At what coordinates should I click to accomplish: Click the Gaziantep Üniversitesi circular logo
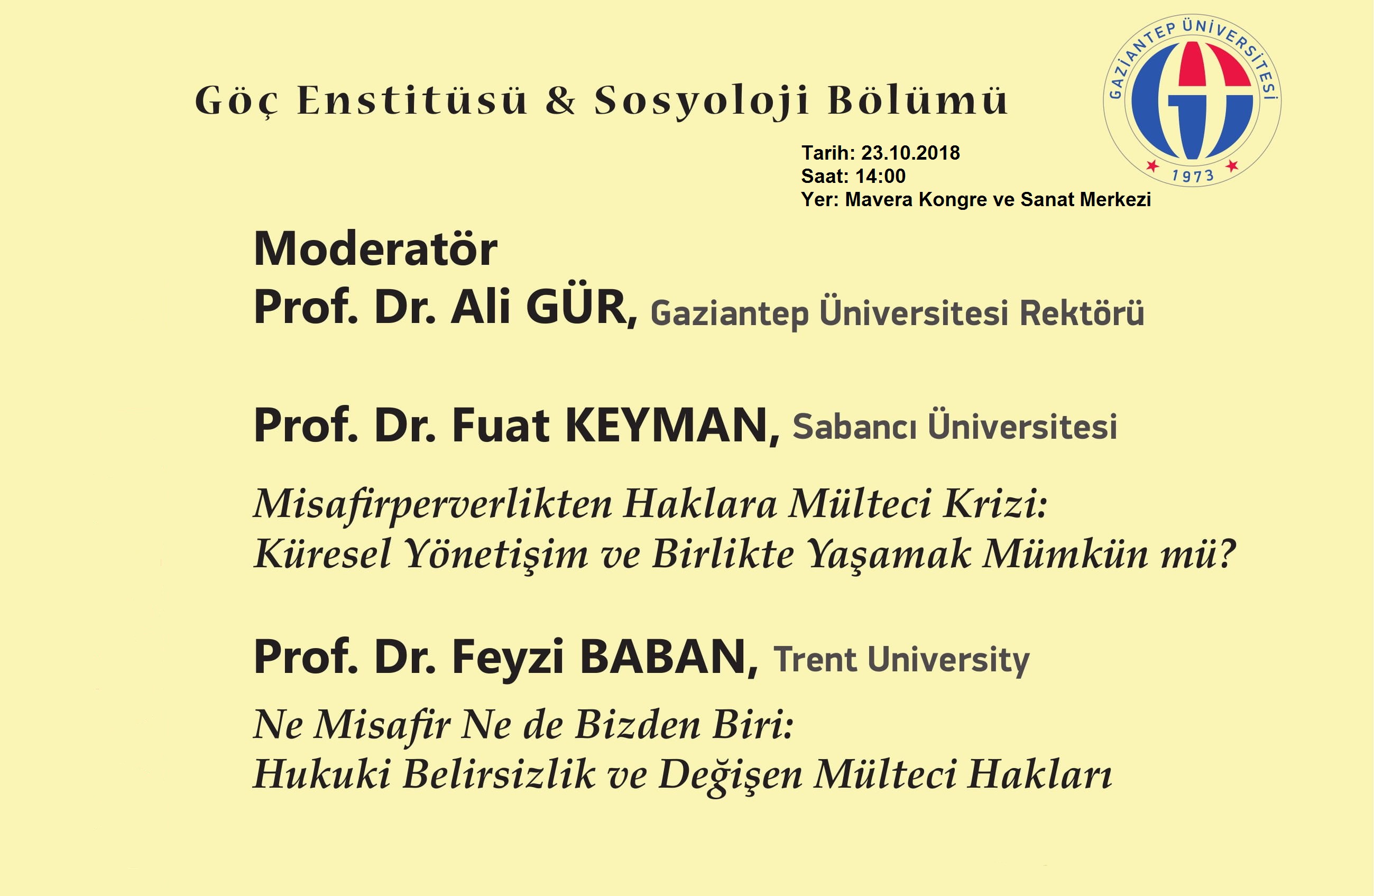point(1192,100)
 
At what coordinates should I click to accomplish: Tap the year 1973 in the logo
point(1193,175)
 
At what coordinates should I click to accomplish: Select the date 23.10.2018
point(910,153)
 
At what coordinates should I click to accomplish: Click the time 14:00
point(880,176)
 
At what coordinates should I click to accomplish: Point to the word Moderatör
point(375,249)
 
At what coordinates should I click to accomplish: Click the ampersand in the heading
point(560,100)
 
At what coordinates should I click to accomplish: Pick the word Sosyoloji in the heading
point(702,101)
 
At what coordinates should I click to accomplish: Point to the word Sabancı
point(854,427)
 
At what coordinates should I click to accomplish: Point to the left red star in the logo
point(1153,167)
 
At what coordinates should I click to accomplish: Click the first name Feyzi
point(508,658)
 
